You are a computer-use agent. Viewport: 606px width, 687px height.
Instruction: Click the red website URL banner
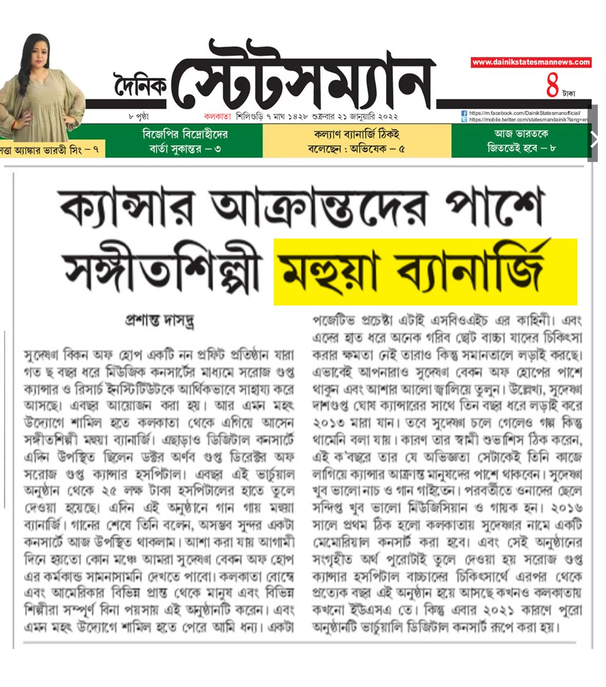[x=531, y=62]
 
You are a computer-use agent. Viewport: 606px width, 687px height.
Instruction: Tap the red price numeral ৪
[x=553, y=86]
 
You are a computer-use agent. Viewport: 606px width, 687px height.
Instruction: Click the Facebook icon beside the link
[x=464, y=113]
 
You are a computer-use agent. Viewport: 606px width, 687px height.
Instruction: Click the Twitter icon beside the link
[x=464, y=119]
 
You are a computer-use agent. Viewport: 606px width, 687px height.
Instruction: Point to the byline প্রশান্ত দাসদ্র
[x=160, y=320]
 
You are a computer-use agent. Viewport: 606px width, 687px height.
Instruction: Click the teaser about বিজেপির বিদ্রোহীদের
[x=185, y=141]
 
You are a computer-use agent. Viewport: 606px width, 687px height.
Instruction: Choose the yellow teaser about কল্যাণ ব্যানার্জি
[x=356, y=141]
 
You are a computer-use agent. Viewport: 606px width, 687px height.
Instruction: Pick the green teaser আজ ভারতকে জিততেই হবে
[x=521, y=141]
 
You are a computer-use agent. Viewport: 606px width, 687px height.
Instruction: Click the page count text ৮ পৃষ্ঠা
[x=139, y=117]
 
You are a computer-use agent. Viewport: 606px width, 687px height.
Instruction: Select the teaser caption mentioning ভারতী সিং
[x=50, y=150]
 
